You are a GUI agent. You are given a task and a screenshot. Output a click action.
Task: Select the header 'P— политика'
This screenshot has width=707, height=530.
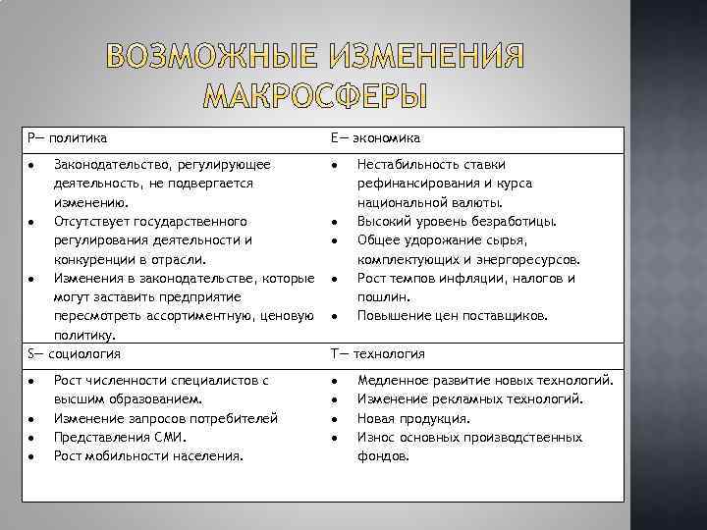[68, 139]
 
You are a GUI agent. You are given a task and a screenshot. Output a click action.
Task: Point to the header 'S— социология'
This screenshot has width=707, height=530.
[75, 352]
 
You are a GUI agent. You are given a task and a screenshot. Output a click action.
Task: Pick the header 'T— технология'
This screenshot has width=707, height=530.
[377, 352]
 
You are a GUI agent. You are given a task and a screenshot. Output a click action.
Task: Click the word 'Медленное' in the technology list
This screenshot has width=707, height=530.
[393, 380]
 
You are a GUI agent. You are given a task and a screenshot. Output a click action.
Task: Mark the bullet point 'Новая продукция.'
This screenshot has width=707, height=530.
[412, 418]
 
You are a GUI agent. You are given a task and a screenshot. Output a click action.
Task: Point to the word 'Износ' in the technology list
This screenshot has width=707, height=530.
[376, 437]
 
